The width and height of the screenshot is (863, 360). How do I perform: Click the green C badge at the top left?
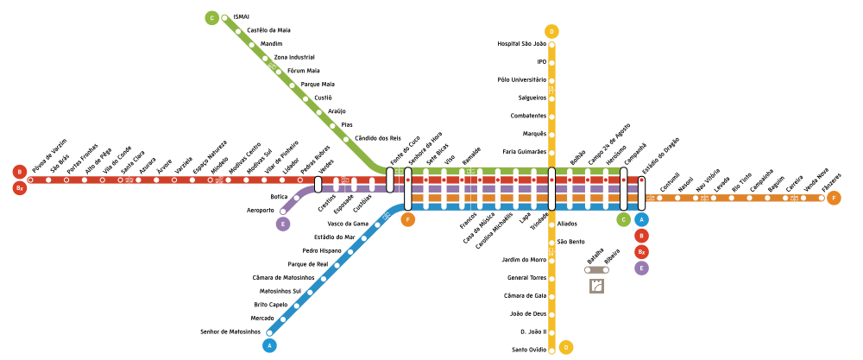coord(211,18)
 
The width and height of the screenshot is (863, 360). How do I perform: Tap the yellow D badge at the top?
coord(551,32)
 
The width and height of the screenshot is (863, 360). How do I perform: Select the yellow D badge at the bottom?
coord(566,347)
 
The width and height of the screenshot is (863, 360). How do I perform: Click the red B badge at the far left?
coord(20,172)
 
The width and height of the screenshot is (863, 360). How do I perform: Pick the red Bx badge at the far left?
coord(20,187)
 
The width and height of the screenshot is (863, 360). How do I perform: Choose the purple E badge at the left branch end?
coord(283,224)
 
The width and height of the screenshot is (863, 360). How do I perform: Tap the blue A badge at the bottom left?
coord(269,345)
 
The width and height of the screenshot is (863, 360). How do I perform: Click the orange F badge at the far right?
coord(834,198)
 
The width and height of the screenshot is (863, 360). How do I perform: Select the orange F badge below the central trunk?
coord(408,219)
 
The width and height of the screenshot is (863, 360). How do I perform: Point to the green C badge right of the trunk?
coord(623,219)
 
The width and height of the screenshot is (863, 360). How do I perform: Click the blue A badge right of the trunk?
coord(641,219)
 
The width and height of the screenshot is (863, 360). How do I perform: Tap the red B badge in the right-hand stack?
coord(641,236)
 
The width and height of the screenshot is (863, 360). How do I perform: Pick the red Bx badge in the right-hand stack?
coord(641,252)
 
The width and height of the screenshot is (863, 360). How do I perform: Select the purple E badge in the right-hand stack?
coord(641,268)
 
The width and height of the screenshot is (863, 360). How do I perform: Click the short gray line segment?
coord(596,269)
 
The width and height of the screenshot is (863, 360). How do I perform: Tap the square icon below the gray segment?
coord(596,286)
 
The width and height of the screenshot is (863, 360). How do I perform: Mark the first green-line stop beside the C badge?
coord(224,18)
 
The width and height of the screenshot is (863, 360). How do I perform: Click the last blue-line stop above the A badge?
coord(269,332)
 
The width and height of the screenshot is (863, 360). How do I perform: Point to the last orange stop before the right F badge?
coord(821,198)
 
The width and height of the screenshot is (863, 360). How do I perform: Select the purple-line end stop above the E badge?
coord(283,211)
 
